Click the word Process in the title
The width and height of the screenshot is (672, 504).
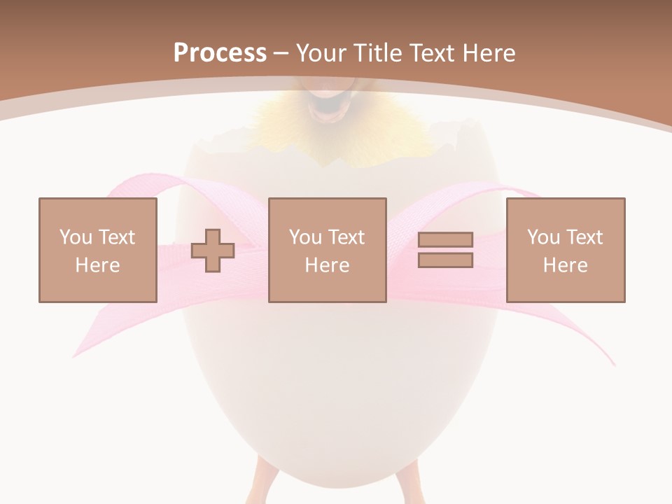(x=220, y=52)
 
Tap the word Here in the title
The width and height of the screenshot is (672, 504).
(x=488, y=52)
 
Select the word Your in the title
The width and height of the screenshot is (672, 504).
(x=322, y=52)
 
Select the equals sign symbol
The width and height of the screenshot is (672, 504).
(x=445, y=250)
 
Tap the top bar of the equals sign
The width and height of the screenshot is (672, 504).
(x=445, y=240)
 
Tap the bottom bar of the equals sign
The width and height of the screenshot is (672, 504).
(x=445, y=260)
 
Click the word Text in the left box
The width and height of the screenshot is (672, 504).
(x=116, y=237)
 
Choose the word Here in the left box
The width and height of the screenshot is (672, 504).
(x=97, y=265)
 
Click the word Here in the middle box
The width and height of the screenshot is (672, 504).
(x=327, y=265)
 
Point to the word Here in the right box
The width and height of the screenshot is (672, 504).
(x=565, y=265)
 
